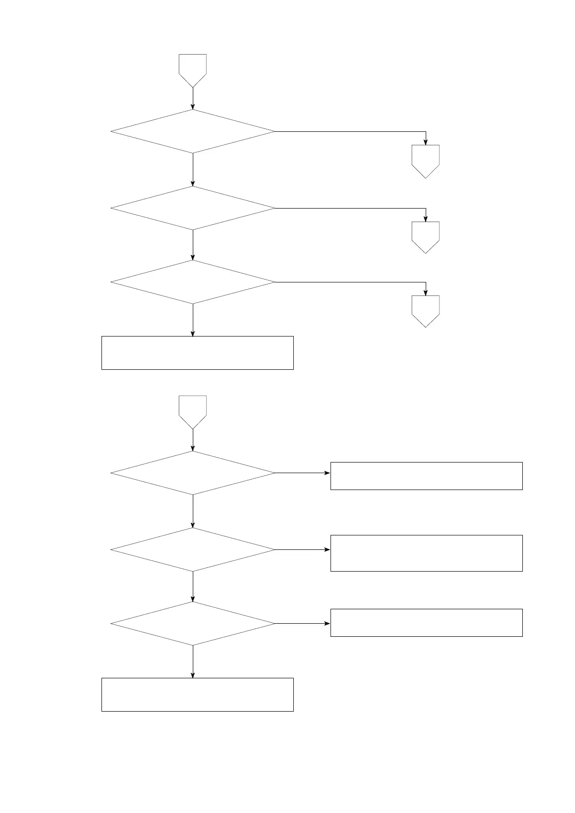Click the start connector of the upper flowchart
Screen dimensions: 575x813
point(193,69)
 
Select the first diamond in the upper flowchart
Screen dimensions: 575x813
point(193,131)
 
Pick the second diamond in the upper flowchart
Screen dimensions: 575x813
point(193,208)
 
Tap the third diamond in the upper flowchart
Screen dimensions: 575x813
point(193,282)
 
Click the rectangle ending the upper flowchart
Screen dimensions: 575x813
point(197,353)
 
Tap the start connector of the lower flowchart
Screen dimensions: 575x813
point(193,411)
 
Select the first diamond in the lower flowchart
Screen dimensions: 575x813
point(193,473)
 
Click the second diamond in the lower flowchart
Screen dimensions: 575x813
point(193,549)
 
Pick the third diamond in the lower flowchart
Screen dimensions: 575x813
point(193,623)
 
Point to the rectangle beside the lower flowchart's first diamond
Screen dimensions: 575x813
point(426,476)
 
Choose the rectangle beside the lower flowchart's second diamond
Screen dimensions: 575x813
point(426,553)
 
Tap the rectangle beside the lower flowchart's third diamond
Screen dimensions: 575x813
point(426,623)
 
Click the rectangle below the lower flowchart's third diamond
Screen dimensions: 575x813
point(197,694)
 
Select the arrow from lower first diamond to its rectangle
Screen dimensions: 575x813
point(302,473)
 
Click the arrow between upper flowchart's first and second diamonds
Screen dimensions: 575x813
point(193,169)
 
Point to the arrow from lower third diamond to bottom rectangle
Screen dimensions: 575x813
point(193,661)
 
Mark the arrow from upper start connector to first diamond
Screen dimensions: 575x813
point(193,98)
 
